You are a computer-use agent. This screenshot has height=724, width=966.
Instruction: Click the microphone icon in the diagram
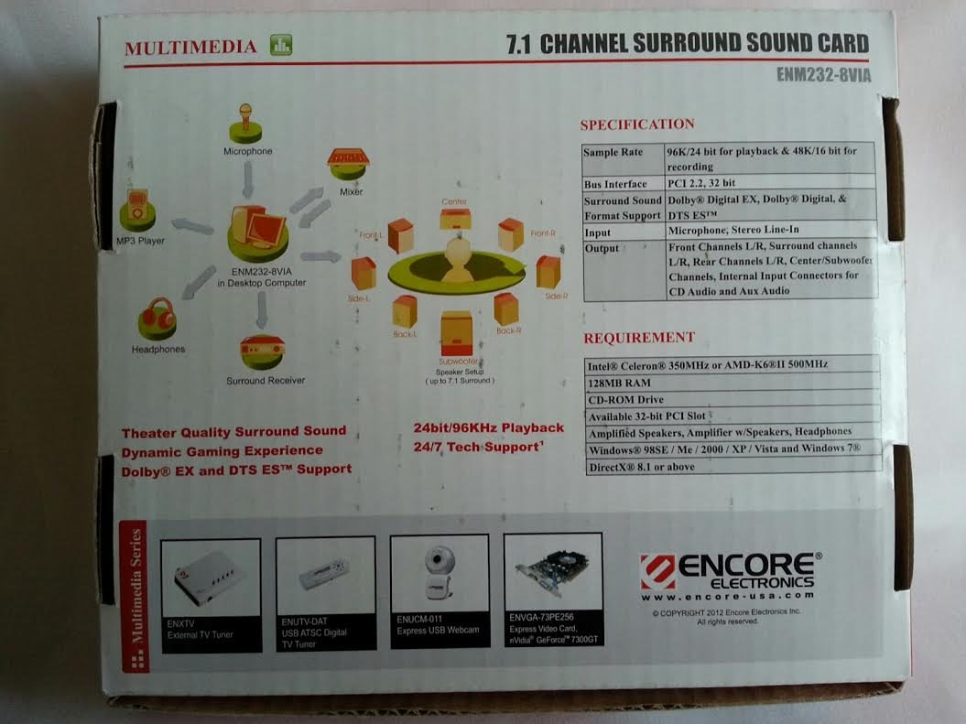coord(246,119)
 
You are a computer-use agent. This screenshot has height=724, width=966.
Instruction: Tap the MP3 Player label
coord(140,241)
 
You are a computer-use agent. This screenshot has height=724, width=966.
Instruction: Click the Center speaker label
coord(455,201)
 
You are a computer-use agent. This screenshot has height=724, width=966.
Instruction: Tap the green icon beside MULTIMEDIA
coord(281,45)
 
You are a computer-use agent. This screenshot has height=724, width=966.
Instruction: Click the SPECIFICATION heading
coord(637,124)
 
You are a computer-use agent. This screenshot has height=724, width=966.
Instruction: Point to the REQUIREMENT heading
coord(639,338)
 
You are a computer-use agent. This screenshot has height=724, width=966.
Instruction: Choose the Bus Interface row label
coord(615,184)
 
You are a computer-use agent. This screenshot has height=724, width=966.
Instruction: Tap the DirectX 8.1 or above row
coord(641,466)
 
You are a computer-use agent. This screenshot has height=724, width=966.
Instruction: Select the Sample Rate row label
coord(613,152)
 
